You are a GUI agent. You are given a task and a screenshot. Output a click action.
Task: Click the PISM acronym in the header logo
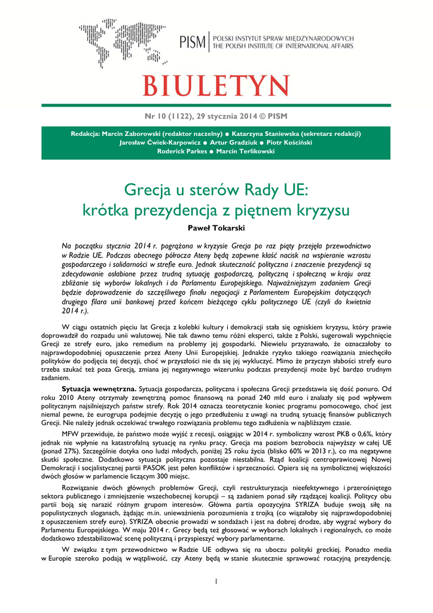[193, 43]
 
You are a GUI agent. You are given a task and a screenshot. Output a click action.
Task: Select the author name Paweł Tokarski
[216, 228]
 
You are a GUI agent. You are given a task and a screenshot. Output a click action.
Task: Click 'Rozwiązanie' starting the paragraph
[83, 488]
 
